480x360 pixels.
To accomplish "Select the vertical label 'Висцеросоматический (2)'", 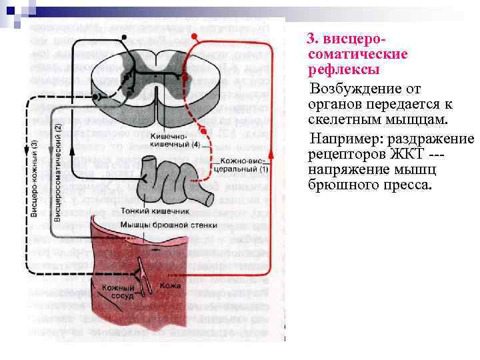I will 58,173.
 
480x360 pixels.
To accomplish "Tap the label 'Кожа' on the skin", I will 171,286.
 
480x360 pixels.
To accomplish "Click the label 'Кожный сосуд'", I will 114,291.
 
